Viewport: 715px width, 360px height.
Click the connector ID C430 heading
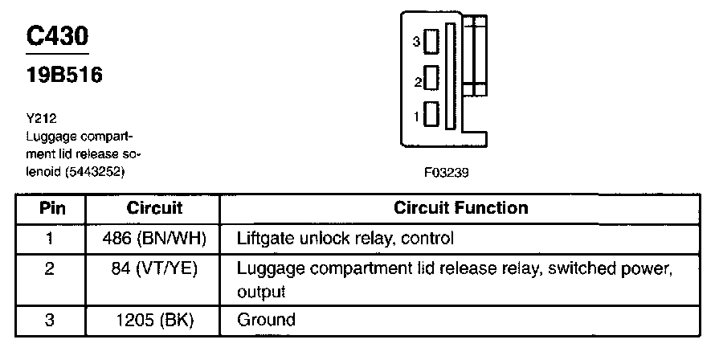(58, 37)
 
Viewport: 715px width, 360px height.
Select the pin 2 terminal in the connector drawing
(431, 79)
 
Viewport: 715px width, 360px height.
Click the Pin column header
(50, 208)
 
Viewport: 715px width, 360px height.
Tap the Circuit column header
(155, 208)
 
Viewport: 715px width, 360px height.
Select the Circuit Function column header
(461, 208)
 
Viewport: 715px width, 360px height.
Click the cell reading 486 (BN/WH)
(155, 239)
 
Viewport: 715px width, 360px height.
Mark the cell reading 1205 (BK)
(155, 320)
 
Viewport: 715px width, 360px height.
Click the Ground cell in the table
(267, 320)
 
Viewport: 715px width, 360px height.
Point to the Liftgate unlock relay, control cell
(345, 239)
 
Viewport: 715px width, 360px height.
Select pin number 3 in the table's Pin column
(50, 320)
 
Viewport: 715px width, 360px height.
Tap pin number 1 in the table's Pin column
(50, 239)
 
